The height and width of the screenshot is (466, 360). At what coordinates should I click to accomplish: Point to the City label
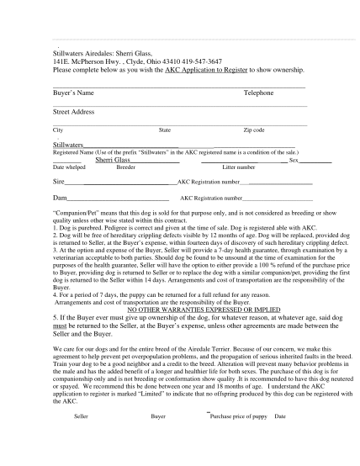pos(57,130)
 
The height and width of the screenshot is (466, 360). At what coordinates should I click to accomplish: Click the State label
pos(165,130)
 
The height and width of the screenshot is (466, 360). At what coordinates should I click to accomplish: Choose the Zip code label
pos(253,130)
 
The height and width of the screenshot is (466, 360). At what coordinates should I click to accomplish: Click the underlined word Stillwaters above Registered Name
pos(68,145)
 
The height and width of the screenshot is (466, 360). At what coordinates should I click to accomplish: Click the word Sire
pos(59,181)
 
